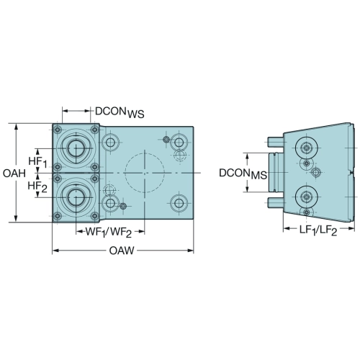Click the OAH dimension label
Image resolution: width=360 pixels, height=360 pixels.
pos(14,173)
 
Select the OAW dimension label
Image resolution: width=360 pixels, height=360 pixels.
pos(122,251)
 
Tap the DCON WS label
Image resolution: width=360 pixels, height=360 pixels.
pos(120,112)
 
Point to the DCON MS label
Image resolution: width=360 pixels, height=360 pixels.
pos(243,174)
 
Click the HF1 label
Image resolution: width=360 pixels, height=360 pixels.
pos(37,162)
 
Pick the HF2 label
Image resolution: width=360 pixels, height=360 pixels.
pos(37,186)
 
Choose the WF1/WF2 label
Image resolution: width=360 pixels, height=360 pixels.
pos(109,233)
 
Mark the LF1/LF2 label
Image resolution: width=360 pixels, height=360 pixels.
pos(318,231)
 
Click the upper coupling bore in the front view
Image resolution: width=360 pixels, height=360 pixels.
pos(76,148)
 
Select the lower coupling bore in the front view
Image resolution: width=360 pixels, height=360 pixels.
pos(76,197)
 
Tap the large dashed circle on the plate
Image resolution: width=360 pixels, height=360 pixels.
pos(145,173)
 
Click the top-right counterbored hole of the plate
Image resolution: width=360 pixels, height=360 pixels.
pos(179,143)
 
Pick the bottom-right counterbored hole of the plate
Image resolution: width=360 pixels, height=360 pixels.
pos(179,203)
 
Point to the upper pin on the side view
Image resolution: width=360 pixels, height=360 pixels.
pos(275,142)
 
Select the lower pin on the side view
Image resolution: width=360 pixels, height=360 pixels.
pos(275,202)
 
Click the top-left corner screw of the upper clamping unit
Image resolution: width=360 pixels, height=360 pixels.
pos(58,130)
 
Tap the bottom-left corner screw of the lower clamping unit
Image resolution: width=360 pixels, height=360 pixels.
pos(58,216)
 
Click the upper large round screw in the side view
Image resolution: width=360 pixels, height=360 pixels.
pos(307,148)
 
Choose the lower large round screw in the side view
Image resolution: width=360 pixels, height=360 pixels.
pos(307,197)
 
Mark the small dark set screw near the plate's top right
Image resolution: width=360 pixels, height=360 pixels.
pos(166,139)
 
